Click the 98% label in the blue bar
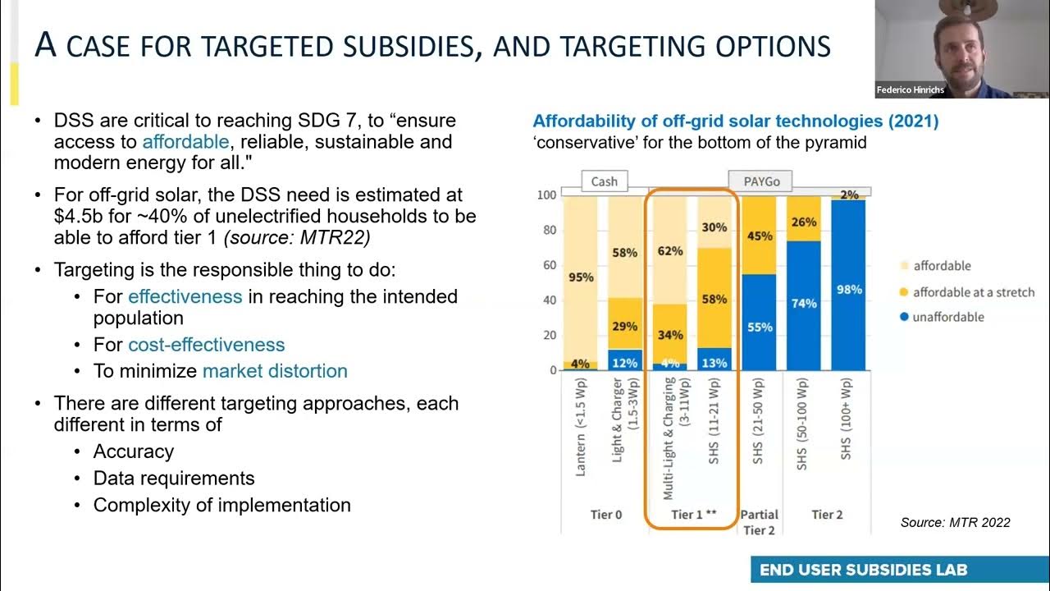(x=849, y=290)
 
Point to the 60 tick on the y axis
(x=550, y=265)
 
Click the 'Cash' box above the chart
(x=605, y=181)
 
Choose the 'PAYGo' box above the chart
(x=760, y=181)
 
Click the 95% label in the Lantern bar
(x=581, y=277)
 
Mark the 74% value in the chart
(x=804, y=303)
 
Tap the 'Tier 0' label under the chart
(x=606, y=515)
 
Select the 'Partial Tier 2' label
(x=760, y=522)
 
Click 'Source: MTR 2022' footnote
(x=955, y=522)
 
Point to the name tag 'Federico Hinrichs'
(x=911, y=89)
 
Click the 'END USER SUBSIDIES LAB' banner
(x=864, y=570)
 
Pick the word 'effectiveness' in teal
(x=185, y=296)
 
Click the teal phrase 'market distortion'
(x=275, y=371)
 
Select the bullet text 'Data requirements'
(x=174, y=479)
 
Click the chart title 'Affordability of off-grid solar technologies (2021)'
(x=736, y=121)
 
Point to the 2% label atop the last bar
(x=849, y=195)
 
